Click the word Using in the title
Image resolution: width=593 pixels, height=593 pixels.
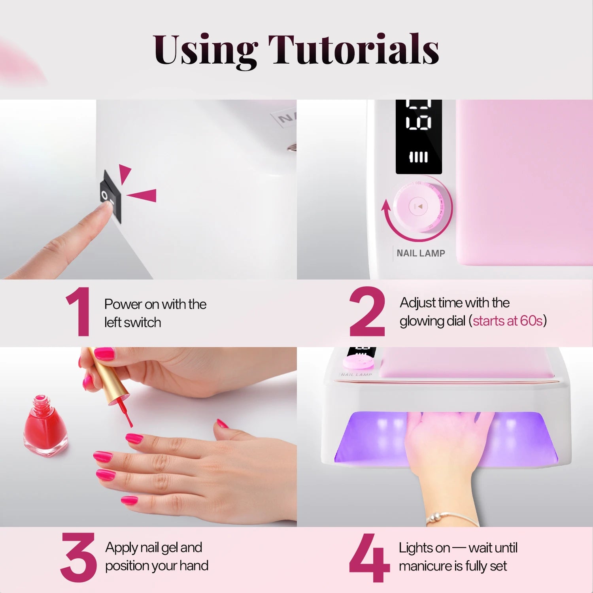click(x=205, y=50)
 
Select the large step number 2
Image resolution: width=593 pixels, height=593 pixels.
click(x=367, y=312)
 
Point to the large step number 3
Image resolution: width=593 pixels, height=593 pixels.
click(x=78, y=557)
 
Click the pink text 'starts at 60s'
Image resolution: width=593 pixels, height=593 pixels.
click(x=508, y=321)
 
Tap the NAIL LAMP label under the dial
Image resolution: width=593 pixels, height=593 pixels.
click(x=421, y=253)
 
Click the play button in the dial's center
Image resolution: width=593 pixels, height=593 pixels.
click(x=418, y=206)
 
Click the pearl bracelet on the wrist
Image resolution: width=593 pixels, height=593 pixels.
click(x=451, y=516)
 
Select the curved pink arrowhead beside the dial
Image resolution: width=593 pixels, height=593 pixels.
click(x=386, y=206)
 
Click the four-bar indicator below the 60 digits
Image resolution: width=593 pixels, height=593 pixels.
click(x=418, y=157)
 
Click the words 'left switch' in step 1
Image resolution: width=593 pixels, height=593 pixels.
click(x=132, y=323)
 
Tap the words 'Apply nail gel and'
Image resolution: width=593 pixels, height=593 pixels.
click(x=153, y=548)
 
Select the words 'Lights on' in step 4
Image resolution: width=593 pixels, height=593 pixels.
click(x=424, y=548)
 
